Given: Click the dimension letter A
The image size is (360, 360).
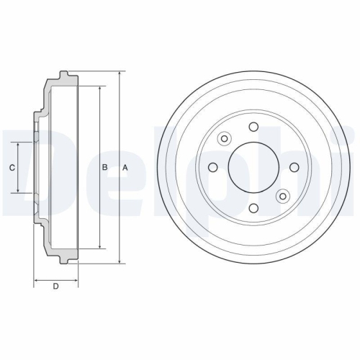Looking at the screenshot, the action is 125,168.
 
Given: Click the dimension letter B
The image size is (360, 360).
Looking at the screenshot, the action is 104,167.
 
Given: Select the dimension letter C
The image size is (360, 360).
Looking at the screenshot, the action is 12,168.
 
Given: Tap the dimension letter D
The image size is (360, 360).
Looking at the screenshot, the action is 55,286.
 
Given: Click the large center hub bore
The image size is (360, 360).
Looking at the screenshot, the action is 253,167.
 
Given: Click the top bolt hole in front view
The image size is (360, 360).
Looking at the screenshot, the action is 253,127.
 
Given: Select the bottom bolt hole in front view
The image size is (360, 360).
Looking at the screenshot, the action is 253,207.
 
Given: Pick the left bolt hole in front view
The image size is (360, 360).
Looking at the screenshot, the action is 213,167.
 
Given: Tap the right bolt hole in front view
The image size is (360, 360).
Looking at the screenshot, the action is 294,167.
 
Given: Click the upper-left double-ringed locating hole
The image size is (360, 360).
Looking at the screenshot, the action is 224,138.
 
